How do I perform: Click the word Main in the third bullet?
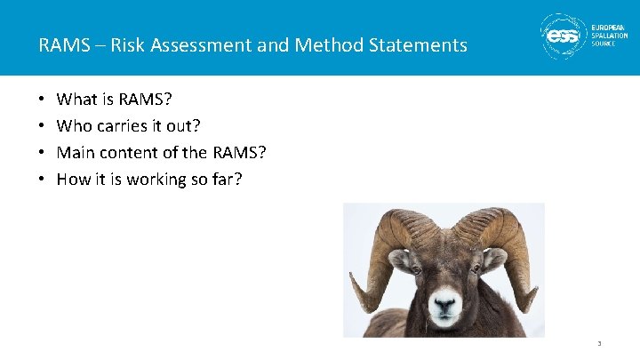point(75,153)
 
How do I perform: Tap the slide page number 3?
point(600,343)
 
